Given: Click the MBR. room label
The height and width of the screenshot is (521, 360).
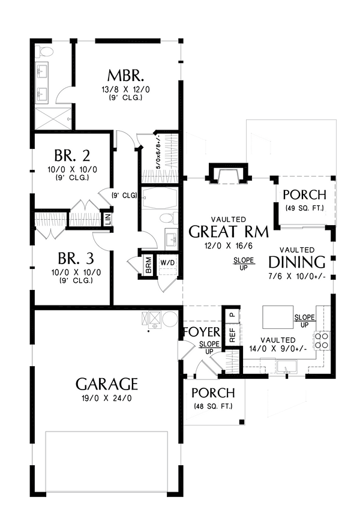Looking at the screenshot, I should click(x=125, y=76).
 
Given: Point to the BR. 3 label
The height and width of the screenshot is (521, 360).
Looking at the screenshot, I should click(x=74, y=260).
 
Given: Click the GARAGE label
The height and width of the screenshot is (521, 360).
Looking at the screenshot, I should click(x=107, y=384).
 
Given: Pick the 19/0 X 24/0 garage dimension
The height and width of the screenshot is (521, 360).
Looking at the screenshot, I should click(x=107, y=397).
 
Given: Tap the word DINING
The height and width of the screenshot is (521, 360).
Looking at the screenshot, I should click(x=297, y=262).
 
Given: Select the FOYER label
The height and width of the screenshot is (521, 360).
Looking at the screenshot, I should click(x=202, y=333).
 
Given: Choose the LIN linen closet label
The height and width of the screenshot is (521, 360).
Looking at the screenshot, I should click(x=107, y=218).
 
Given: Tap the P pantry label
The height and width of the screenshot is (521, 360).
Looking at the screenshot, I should click(x=232, y=314).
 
